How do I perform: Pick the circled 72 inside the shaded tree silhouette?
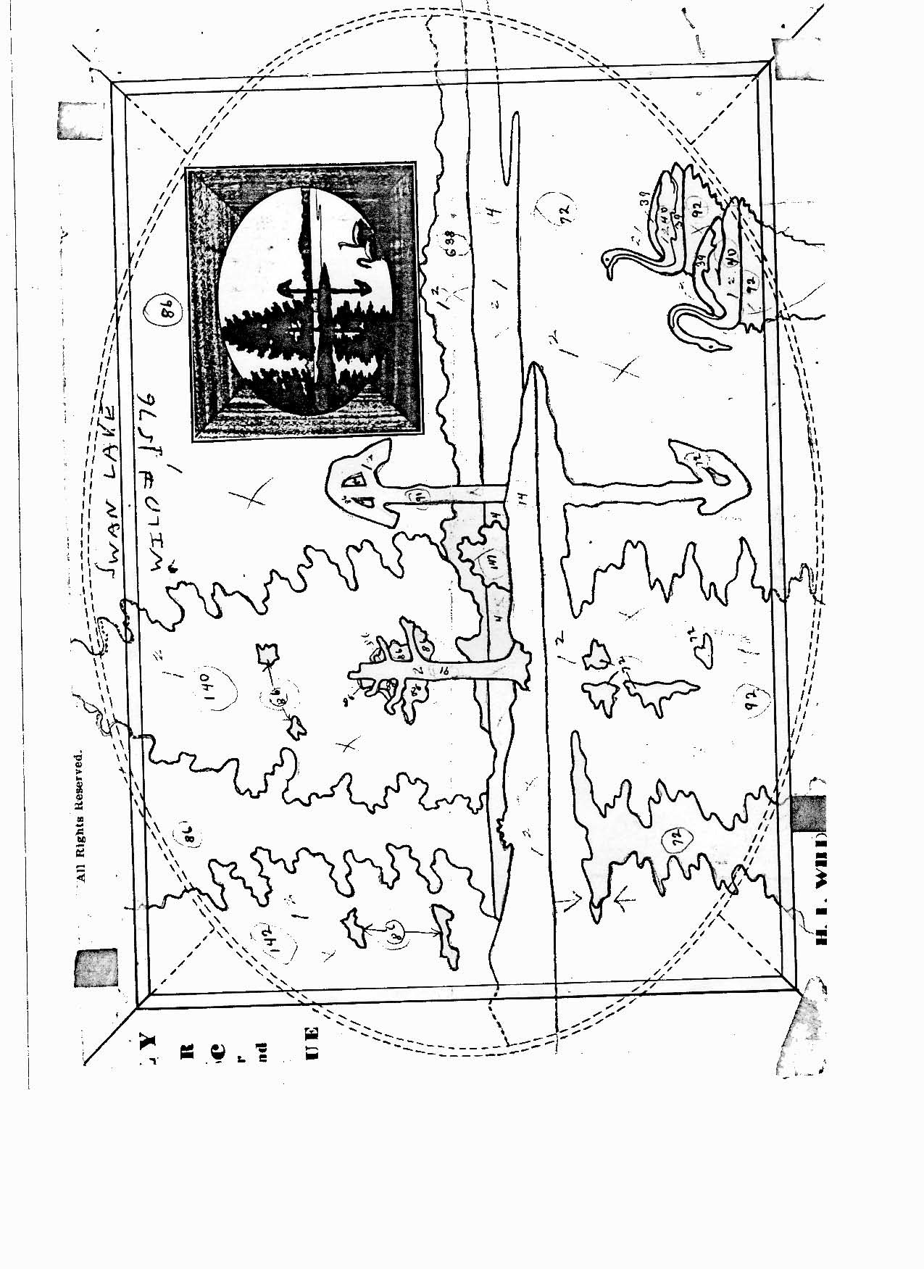point(678,841)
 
